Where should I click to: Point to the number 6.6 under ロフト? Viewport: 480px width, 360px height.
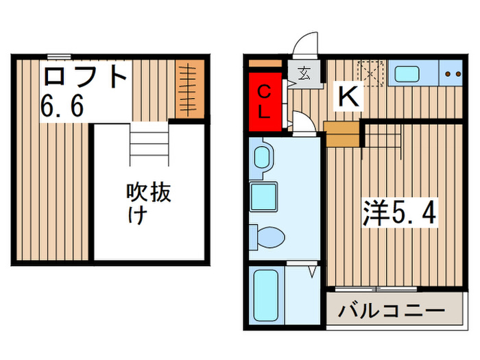tap(62, 107)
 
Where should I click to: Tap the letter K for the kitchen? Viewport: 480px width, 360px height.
tap(348, 97)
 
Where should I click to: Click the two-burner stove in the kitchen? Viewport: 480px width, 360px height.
tap(451, 73)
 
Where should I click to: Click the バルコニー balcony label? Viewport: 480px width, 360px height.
tap(390, 311)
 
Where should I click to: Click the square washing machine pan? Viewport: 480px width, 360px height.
tap(264, 197)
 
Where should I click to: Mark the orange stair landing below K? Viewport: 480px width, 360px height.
tap(342, 134)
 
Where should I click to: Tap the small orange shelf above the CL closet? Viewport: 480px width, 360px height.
tap(265, 64)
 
